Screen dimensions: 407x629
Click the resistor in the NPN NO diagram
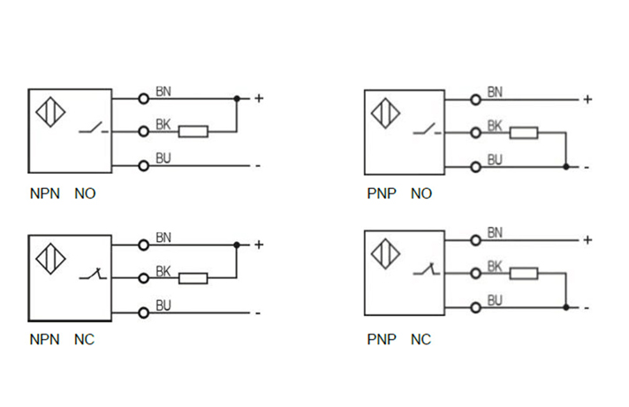(x=193, y=132)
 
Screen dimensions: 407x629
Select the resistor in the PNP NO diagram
(x=524, y=133)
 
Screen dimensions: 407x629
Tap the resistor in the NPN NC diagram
(x=193, y=279)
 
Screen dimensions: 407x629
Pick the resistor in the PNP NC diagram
(x=524, y=274)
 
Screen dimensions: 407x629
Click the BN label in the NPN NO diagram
(x=163, y=91)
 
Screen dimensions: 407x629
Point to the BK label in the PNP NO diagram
(x=495, y=126)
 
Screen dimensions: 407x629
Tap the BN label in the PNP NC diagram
(x=495, y=233)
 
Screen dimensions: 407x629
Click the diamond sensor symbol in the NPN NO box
(x=50, y=117)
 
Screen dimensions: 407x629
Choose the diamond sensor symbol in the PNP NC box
(x=385, y=257)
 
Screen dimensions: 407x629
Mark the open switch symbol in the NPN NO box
(x=92, y=132)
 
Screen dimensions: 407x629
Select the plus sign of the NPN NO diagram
(x=259, y=98)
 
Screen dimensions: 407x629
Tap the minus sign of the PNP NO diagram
(x=586, y=167)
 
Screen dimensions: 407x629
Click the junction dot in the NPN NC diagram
(x=237, y=245)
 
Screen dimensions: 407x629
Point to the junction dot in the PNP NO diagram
(x=565, y=166)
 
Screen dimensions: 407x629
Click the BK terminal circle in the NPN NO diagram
(x=142, y=132)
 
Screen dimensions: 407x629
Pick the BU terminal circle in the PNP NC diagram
(x=476, y=307)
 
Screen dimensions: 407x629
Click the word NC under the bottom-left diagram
(x=84, y=339)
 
